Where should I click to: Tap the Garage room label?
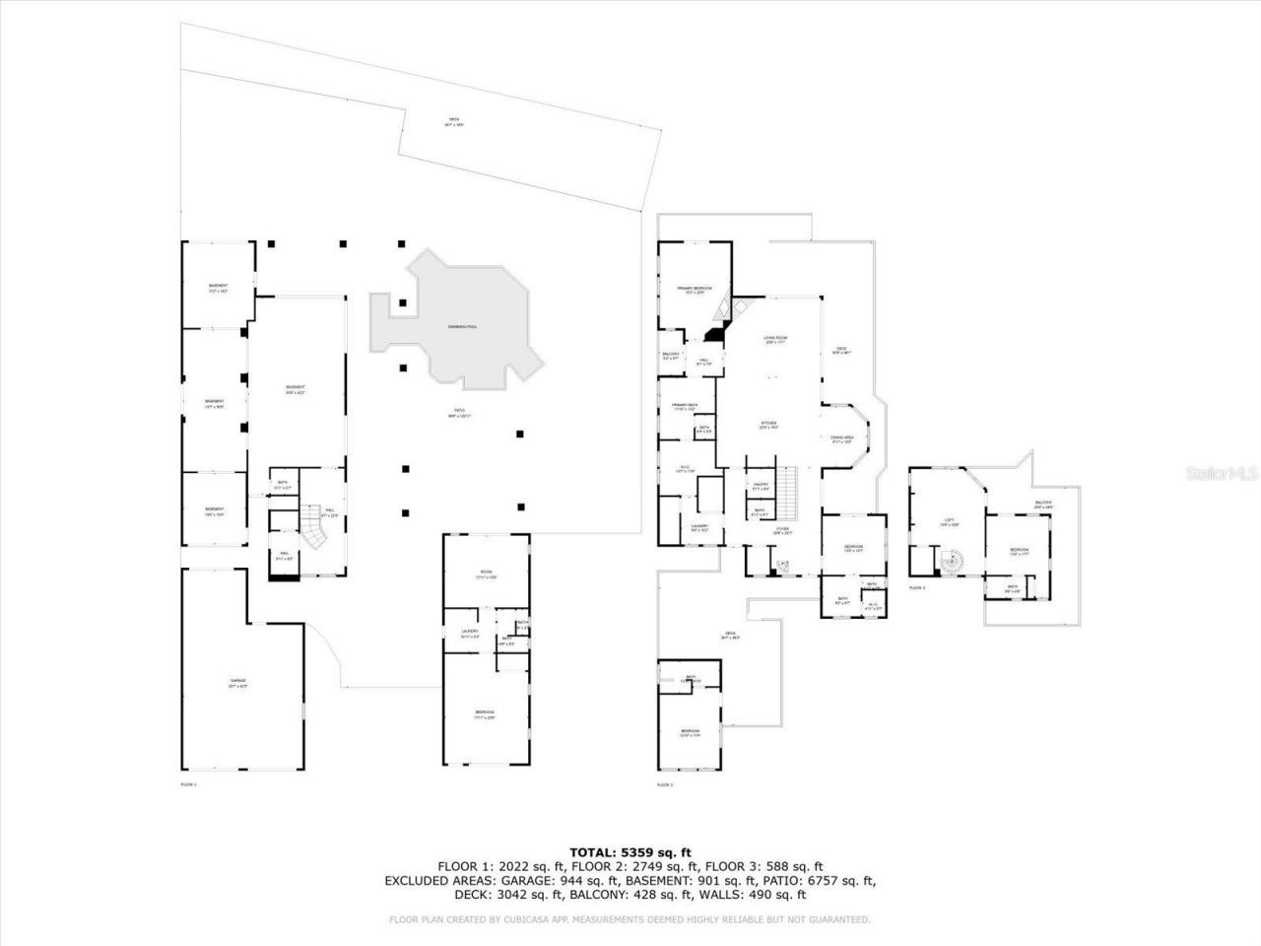[238, 682]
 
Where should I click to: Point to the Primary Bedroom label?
[695, 289]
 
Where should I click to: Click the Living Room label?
[775, 339]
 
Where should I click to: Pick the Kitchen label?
[768, 424]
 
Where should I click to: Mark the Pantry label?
[761, 485]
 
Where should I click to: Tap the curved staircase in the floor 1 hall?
[314, 537]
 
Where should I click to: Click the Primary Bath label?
[685, 406]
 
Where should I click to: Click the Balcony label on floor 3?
[1043, 504]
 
